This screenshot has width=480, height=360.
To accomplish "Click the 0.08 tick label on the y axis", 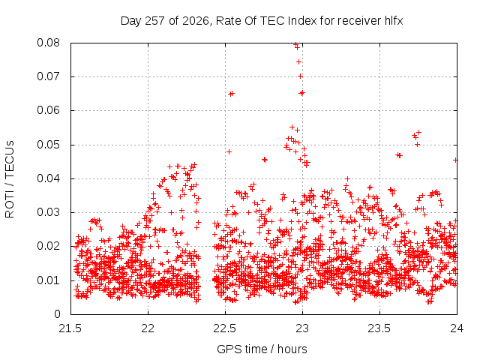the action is click(48, 43).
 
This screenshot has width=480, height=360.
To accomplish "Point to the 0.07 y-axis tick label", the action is click(48, 76).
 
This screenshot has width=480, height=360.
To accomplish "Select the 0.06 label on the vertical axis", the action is click(48, 110).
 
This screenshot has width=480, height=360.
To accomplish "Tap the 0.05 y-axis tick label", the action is click(48, 145).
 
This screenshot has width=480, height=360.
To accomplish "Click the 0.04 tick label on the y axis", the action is click(48, 178).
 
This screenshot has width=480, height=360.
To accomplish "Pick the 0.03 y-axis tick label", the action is click(48, 212).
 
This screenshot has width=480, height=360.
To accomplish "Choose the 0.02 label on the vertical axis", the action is click(48, 246).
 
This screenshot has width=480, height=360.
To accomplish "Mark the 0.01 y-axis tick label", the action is click(48, 280).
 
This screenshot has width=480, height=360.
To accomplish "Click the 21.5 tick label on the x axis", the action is click(70, 328).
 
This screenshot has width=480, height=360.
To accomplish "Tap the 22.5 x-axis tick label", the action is click(225, 328).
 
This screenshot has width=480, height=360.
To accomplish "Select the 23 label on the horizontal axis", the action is click(302, 328).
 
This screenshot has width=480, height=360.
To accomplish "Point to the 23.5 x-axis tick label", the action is click(379, 328).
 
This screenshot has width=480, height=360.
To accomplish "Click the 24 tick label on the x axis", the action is click(457, 328).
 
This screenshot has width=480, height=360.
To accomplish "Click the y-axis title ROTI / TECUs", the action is click(10, 179).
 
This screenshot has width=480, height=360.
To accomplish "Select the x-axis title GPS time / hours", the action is click(262, 349).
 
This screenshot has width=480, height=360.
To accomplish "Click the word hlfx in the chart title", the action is click(394, 21).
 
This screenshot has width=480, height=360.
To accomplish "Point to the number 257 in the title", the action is click(155, 21).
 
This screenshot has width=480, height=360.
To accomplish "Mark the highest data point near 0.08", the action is click(295, 45).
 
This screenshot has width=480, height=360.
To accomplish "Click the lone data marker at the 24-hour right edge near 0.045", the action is click(455, 160).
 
